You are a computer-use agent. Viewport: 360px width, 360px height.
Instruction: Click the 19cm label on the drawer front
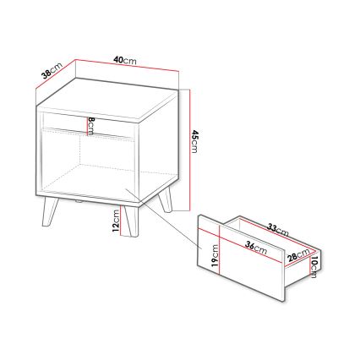[x=215, y=254]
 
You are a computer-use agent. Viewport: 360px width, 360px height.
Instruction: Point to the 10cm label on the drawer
[x=314, y=269]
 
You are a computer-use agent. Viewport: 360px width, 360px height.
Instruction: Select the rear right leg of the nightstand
[x=166, y=200]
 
